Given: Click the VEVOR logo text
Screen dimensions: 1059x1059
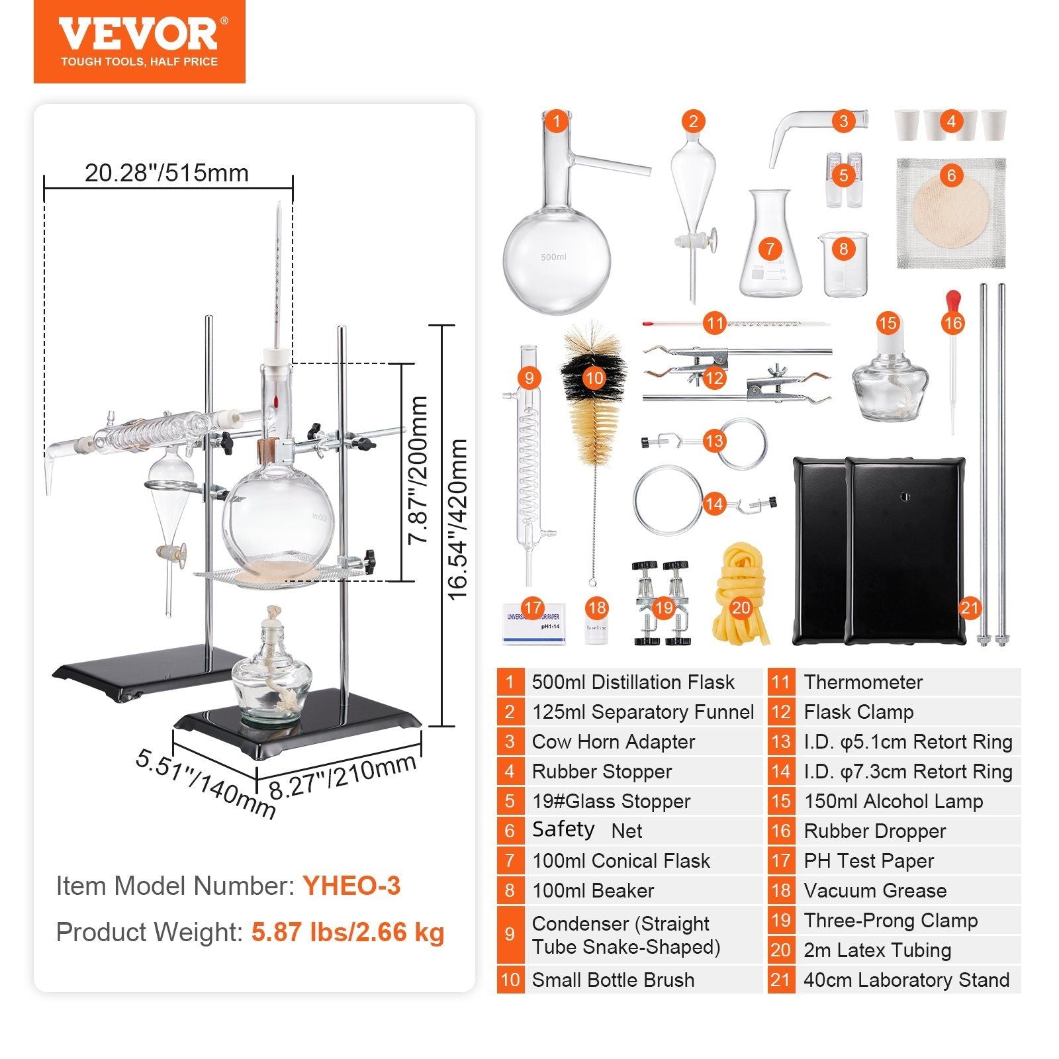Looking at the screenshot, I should pyautogui.click(x=138, y=34).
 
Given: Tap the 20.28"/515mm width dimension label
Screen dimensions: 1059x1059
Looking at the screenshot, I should pyautogui.click(x=167, y=173).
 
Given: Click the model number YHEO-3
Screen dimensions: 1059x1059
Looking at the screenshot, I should pyautogui.click(x=351, y=886).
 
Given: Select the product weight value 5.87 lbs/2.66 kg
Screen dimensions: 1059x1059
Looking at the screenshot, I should pyautogui.click(x=347, y=932).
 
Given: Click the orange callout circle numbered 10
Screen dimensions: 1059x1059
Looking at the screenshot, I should pyautogui.click(x=594, y=378).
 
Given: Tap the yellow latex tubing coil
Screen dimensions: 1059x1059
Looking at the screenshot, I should pyautogui.click(x=740, y=596).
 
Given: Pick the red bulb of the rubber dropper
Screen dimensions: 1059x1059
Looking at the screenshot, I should pyautogui.click(x=953, y=301).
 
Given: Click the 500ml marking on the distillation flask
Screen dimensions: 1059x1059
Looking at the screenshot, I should pyautogui.click(x=553, y=257).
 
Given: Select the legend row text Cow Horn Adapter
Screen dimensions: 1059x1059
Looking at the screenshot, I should pyautogui.click(x=613, y=741).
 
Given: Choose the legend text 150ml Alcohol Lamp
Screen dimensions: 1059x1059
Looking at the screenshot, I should pyautogui.click(x=893, y=801).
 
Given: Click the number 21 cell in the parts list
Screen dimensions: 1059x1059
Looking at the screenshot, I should pyautogui.click(x=780, y=980).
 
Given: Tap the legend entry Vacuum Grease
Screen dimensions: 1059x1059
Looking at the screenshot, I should pyautogui.click(x=874, y=890).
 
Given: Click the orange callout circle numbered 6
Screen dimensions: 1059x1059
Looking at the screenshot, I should pyautogui.click(x=951, y=175).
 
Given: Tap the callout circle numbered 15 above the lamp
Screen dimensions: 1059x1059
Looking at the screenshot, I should pyautogui.click(x=887, y=323).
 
